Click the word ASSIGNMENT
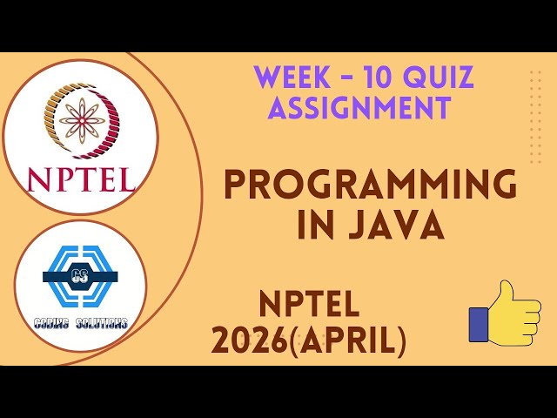pos(359,108)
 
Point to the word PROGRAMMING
pos(370,185)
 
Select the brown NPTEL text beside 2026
pos(309,305)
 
